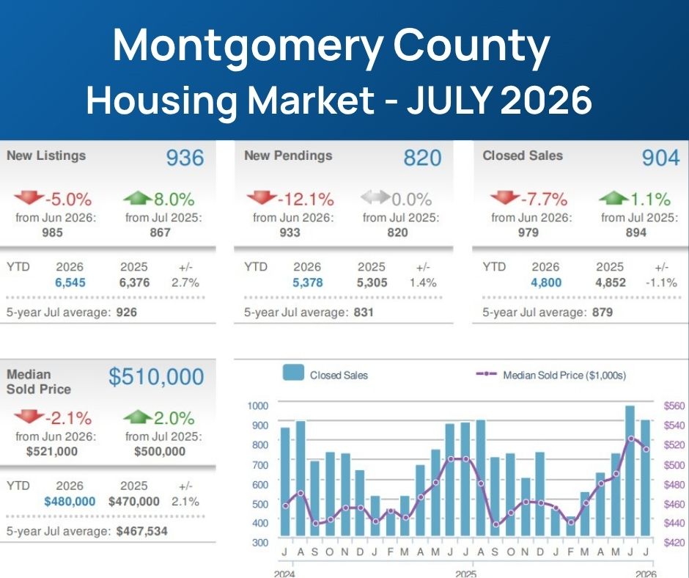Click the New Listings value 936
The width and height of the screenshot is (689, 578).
(185, 158)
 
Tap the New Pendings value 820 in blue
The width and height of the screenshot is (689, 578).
(422, 158)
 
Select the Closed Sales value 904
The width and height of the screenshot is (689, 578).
(661, 158)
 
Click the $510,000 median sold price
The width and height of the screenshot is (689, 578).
(156, 376)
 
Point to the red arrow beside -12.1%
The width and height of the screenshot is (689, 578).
(262, 197)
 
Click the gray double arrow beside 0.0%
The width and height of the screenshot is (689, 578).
(375, 197)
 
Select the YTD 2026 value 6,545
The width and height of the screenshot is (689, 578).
(70, 282)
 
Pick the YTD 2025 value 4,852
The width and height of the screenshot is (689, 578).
(611, 282)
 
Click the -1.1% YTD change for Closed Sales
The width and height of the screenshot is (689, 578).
(661, 282)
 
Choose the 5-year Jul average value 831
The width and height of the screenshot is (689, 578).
(364, 312)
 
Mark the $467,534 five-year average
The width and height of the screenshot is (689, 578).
(142, 531)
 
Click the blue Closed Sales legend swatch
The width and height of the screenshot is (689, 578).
(293, 373)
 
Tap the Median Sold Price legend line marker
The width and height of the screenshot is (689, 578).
(487, 374)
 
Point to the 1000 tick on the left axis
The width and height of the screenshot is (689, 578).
(258, 406)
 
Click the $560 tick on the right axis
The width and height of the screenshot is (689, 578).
(674, 406)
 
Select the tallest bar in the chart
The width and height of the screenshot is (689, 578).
(630, 471)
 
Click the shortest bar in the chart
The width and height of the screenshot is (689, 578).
(571, 526)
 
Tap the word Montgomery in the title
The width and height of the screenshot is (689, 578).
(248, 45)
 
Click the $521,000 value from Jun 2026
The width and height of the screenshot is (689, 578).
(52, 451)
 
